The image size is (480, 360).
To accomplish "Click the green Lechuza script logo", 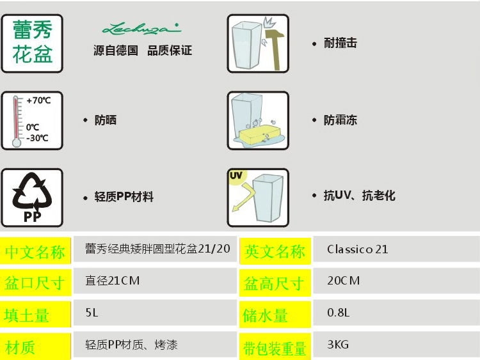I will point(142,28).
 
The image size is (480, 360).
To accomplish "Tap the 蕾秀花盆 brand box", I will point(32,43).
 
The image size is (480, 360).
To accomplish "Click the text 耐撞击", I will point(340,43).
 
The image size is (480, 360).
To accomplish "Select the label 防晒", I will point(106,120).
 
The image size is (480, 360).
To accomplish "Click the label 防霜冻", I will point(340,120).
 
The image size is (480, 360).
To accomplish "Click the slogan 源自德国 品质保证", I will point(142,51).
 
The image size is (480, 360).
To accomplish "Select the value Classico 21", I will point(357,249).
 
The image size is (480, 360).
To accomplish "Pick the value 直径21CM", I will point(112,281).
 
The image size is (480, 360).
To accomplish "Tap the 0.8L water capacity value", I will point(339,313).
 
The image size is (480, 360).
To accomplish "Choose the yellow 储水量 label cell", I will point(266,316).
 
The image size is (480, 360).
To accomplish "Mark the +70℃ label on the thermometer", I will point(38,100).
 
